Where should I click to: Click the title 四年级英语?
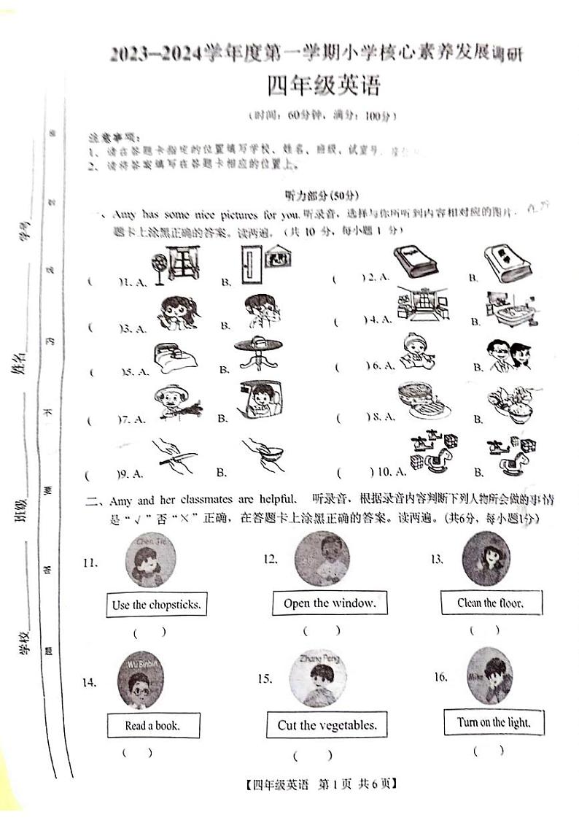tap(323, 88)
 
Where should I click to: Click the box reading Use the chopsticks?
tap(156, 604)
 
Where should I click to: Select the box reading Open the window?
tap(330, 603)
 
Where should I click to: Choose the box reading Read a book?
tap(152, 725)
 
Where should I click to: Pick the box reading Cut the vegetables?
tap(327, 725)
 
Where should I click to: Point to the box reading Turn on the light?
tap(494, 722)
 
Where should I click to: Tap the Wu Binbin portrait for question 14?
tap(143, 678)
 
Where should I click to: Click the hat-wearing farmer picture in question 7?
tap(174, 402)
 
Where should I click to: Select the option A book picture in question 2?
tap(416, 263)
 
